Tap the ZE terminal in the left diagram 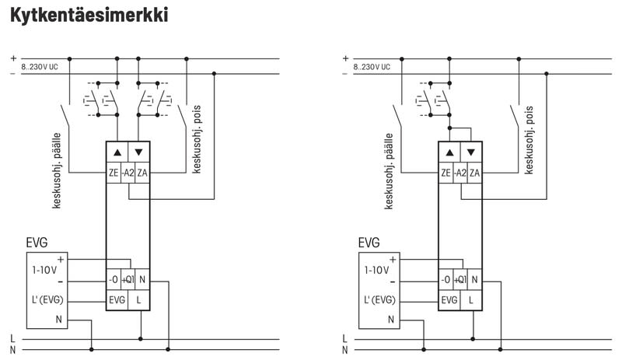(x=114, y=173)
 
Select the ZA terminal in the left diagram (x=142, y=173)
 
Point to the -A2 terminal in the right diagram (x=459, y=173)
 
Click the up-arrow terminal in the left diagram (x=117, y=152)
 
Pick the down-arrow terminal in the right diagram (x=470, y=152)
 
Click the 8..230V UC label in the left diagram (x=40, y=68)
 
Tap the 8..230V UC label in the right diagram (x=372, y=68)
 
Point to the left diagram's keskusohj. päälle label (x=58, y=170)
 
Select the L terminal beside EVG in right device (x=471, y=299)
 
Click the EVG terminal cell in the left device (x=117, y=299)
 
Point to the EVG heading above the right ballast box (x=369, y=243)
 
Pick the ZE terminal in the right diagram (x=446, y=173)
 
